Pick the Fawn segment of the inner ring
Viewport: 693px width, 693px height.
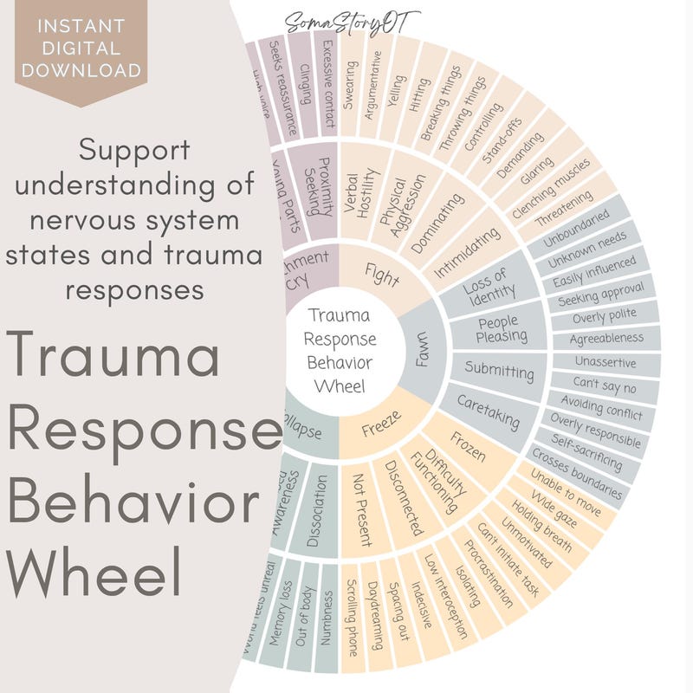tap(422, 351)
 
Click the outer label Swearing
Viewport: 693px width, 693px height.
tap(348, 84)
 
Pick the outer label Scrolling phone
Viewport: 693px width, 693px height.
tap(352, 619)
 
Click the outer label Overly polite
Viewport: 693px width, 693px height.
tap(606, 316)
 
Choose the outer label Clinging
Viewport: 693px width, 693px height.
tap(306, 81)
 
